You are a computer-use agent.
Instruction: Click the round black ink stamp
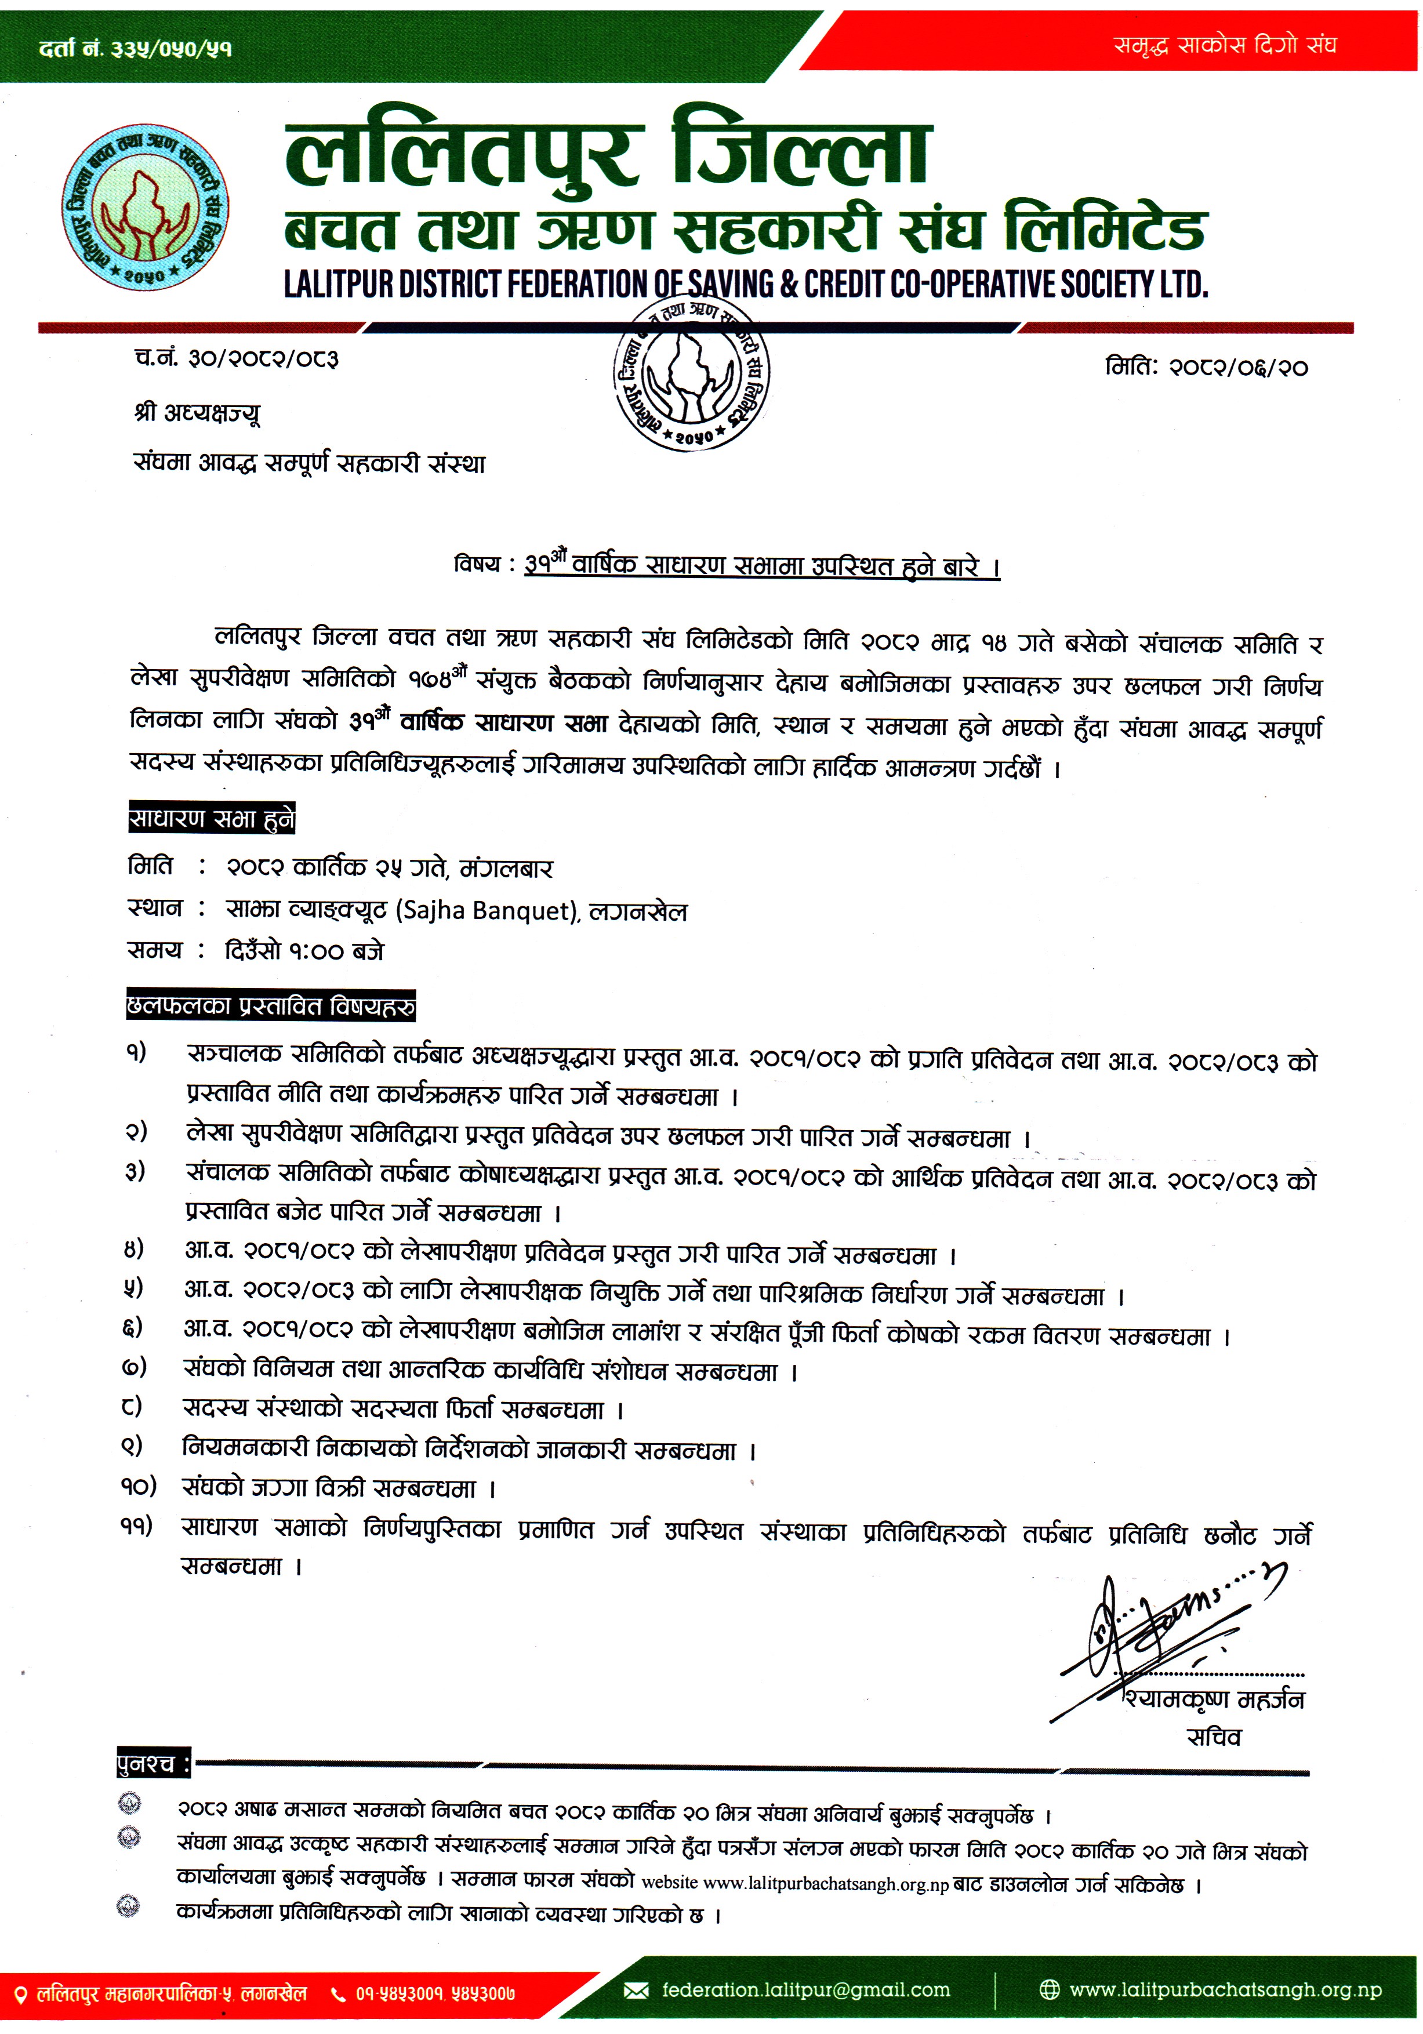692,374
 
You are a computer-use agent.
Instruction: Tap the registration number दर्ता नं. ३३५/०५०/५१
136,49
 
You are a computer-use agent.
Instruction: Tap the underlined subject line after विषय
761,565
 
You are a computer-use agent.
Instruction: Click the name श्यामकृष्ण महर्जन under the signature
1214,1699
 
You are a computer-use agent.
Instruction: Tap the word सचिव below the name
1214,1738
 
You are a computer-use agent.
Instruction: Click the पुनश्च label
153,1765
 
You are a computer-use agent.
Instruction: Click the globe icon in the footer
1049,1991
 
